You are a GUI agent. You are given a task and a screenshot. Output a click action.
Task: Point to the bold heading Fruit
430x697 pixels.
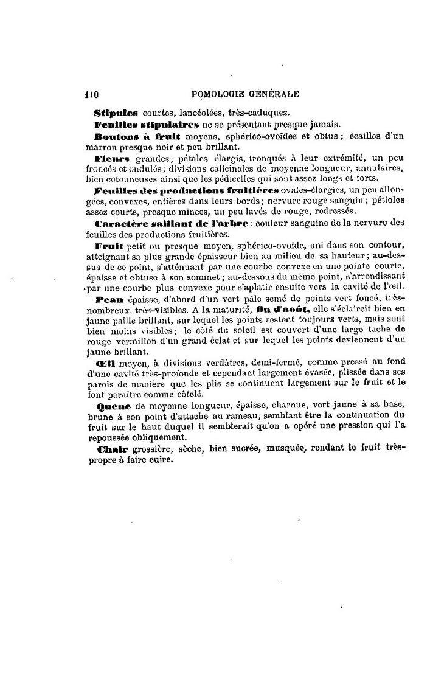109,246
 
